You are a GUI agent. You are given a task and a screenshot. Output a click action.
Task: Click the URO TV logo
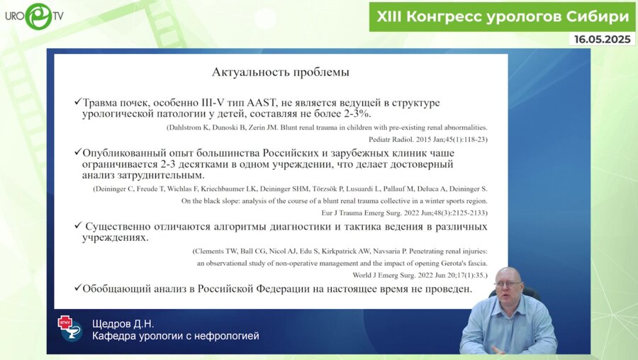click(35, 16)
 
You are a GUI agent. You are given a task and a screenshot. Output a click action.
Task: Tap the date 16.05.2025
click(603, 40)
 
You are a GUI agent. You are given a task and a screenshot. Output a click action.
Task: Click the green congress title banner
click(503, 16)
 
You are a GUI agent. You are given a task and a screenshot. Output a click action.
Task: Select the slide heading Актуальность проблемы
click(281, 72)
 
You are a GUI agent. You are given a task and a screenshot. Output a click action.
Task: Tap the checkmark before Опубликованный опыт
click(77, 152)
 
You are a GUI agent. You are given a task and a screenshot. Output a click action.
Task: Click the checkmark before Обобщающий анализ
click(77, 288)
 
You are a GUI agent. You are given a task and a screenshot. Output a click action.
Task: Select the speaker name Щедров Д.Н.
click(124, 324)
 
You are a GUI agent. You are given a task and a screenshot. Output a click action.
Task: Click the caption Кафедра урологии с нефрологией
click(176, 336)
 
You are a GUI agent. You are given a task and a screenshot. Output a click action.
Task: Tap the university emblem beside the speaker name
click(69, 328)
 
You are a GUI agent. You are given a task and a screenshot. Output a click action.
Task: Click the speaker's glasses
click(508, 284)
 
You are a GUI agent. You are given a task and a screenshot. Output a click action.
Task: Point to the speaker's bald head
click(508, 273)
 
